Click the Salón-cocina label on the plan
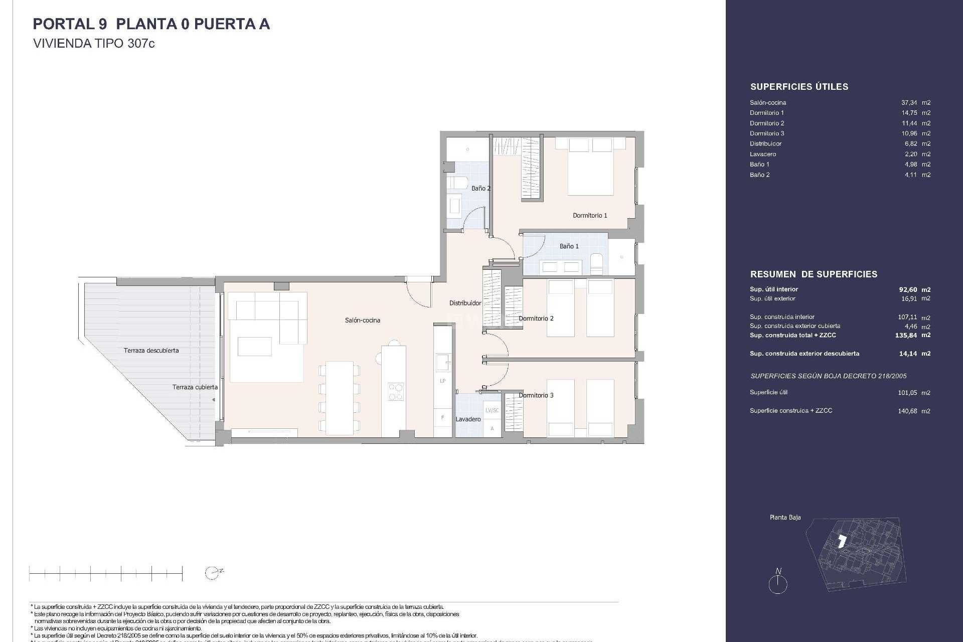[x=362, y=320]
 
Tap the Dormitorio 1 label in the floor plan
[x=590, y=216]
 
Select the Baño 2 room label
[x=480, y=189]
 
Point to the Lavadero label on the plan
[x=468, y=419]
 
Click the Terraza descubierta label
[x=151, y=351]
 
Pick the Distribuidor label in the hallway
[x=465, y=303]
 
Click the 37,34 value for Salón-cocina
[x=909, y=102]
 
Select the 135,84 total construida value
[x=906, y=335]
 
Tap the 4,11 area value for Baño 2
[x=911, y=175]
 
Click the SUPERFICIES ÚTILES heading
[x=799, y=87]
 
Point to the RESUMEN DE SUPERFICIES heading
[x=814, y=274]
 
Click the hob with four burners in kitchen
[x=395, y=391]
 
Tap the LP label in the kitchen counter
[x=443, y=381]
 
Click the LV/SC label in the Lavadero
[x=492, y=410]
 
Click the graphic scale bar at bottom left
[x=105, y=573]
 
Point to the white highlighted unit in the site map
[x=842, y=541]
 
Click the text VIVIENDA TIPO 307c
[x=94, y=44]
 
